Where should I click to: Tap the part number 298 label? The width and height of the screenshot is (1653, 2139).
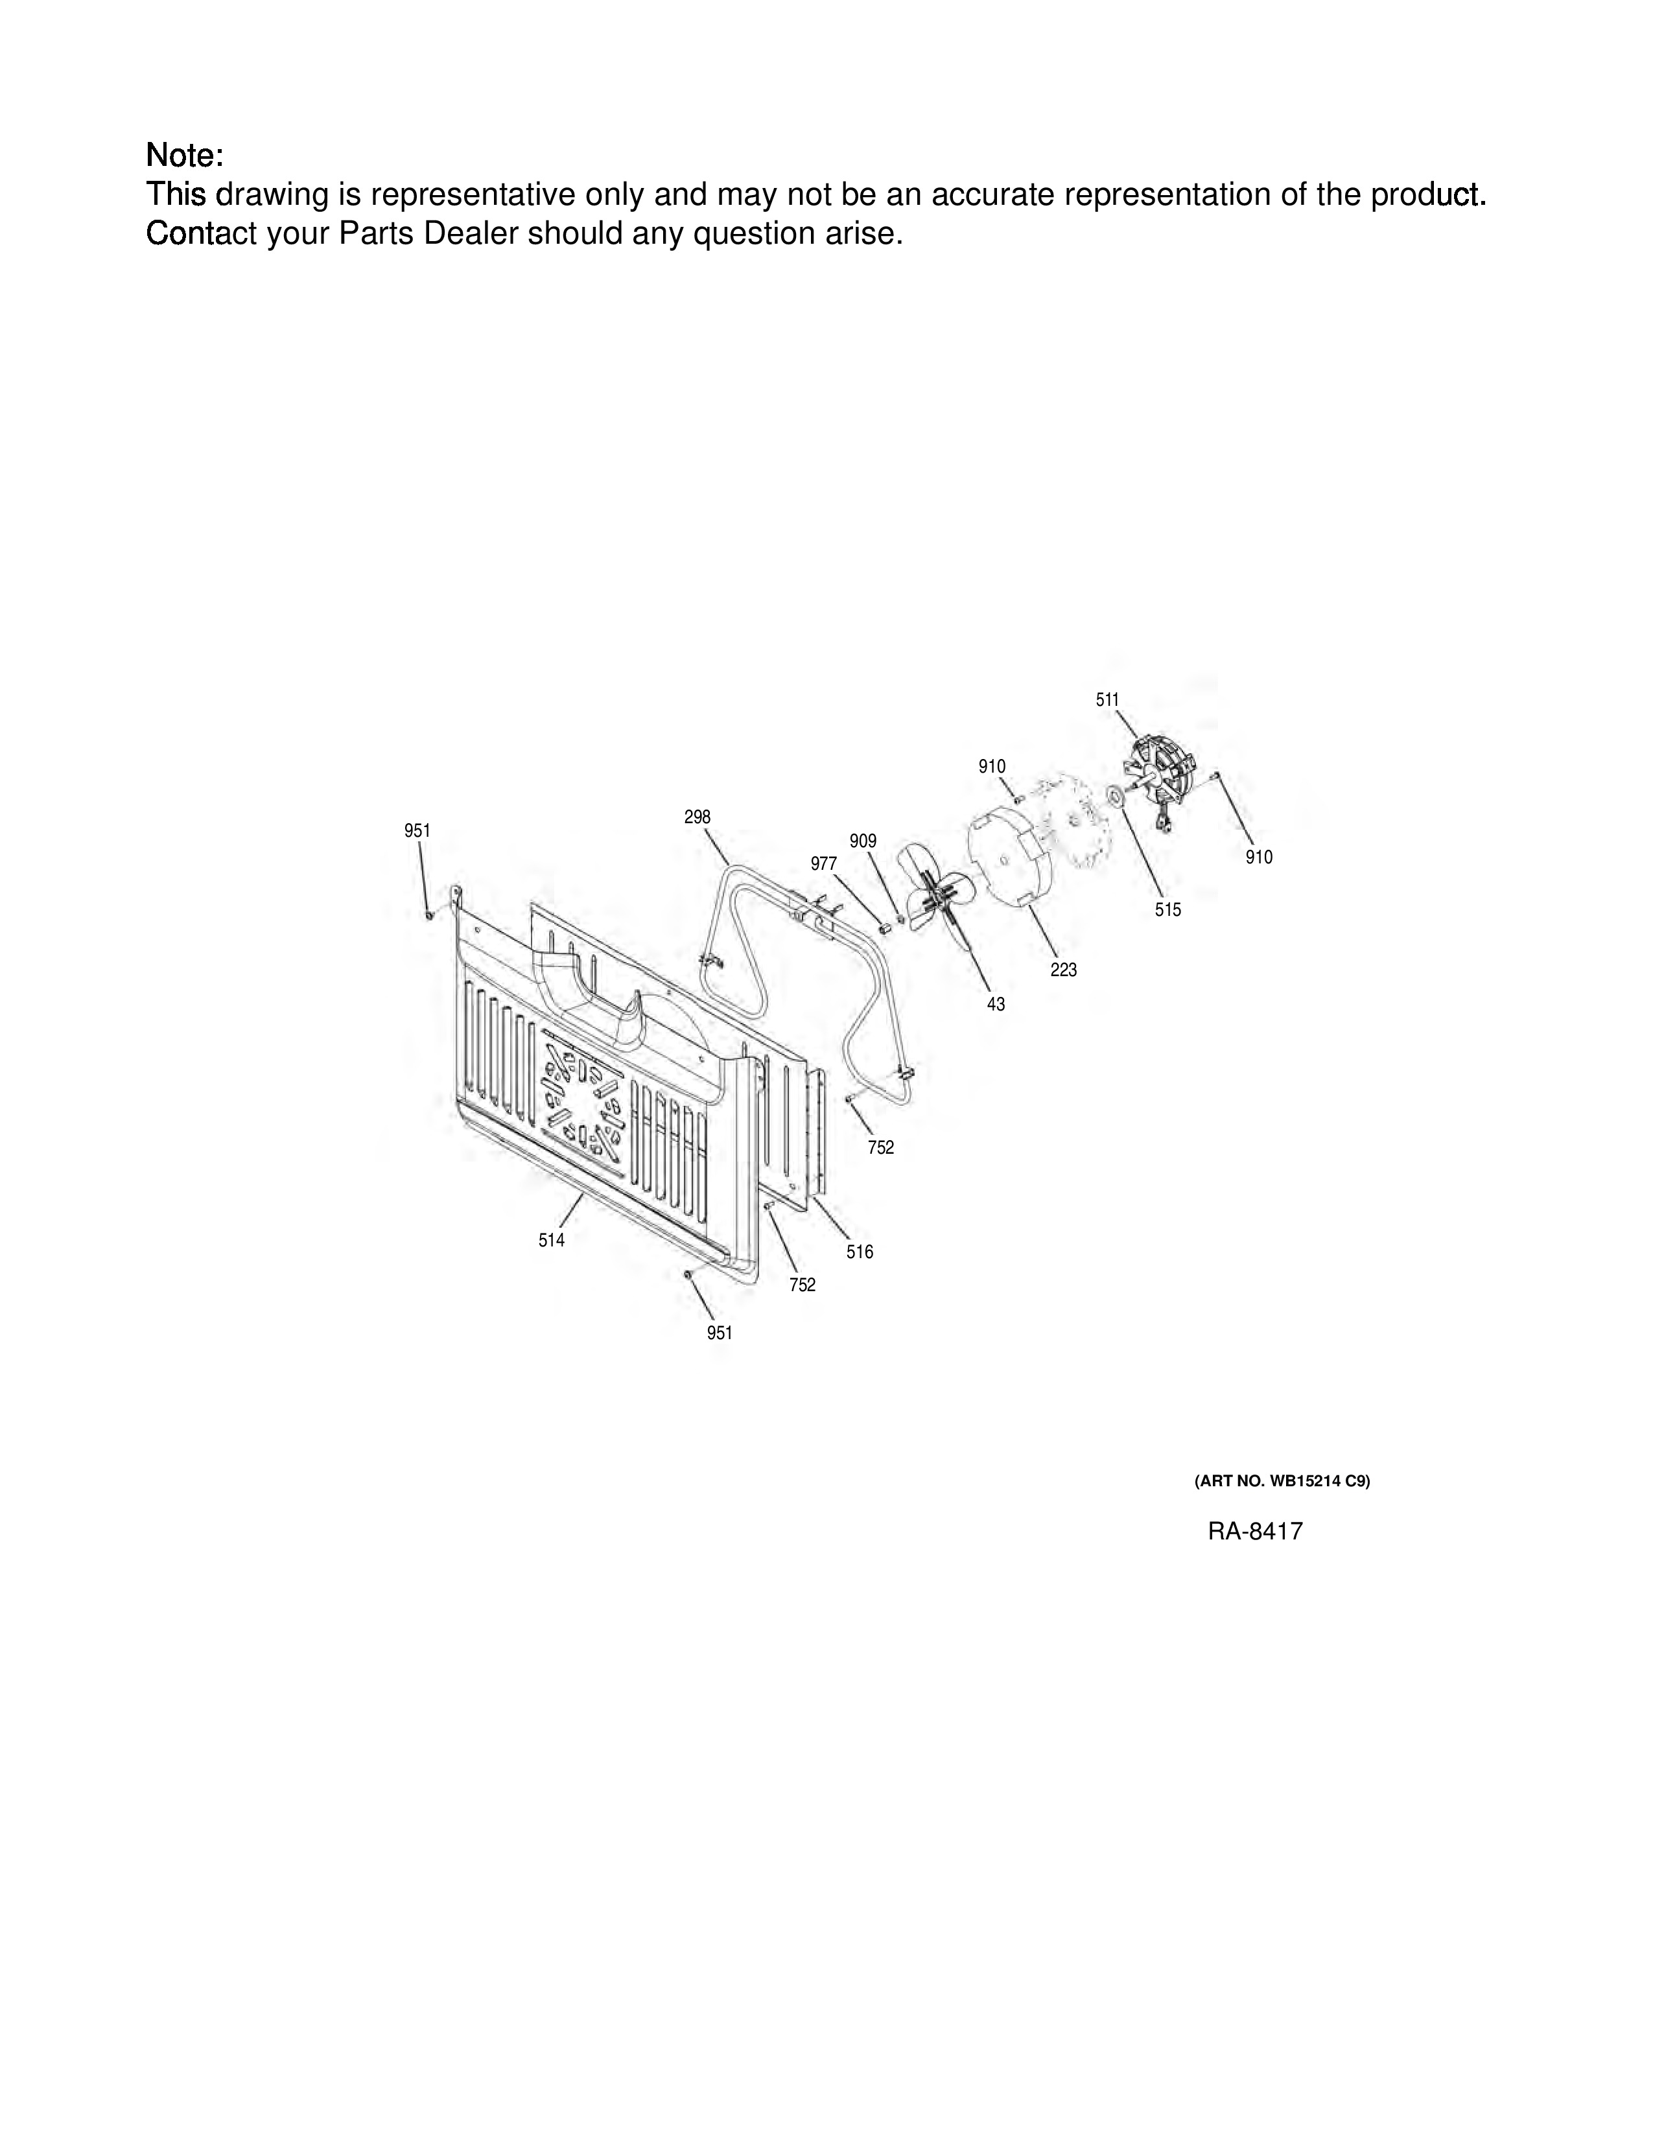698,817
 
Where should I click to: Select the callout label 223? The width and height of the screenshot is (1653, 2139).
1064,970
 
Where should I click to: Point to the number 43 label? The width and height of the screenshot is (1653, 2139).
996,1004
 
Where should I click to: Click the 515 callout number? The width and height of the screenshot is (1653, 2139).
1167,910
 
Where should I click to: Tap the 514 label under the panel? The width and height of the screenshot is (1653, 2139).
552,1240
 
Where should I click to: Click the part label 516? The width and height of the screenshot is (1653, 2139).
860,1252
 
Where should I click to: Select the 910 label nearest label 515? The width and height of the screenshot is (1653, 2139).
1260,857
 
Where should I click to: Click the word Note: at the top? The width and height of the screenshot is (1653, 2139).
185,155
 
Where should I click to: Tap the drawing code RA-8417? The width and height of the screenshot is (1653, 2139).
1256,1531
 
